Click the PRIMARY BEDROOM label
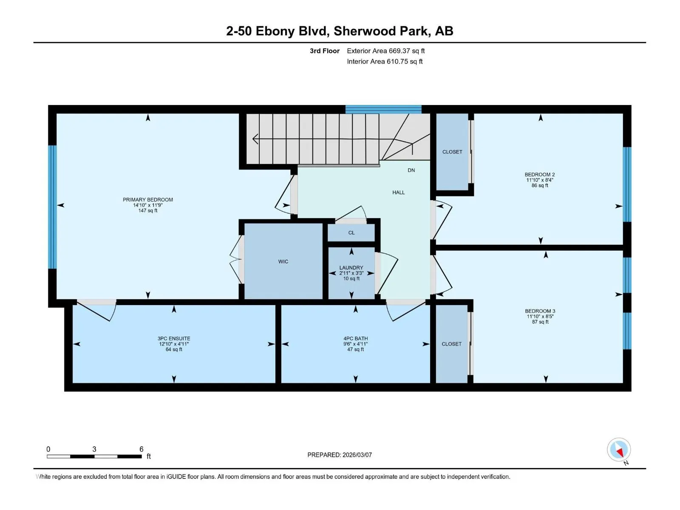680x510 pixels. coord(148,200)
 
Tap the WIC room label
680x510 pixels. coord(283,262)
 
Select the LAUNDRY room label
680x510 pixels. coord(351,268)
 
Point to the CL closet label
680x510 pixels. coord(351,232)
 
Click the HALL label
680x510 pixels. coord(398,192)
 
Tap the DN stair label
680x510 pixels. coord(411,170)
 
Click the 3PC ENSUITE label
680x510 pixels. coord(174,338)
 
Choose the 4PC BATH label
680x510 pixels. coord(355,338)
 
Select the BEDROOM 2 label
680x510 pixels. coord(540,174)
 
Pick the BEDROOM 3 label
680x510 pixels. coord(540,311)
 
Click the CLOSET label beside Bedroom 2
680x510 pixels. coord(452,152)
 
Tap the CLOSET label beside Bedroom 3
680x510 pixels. coord(451,344)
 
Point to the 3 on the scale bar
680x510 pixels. coord(94,449)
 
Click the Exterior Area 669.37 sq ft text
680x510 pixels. coord(386,51)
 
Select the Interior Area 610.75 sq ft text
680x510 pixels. coord(385,61)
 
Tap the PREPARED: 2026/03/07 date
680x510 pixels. coord(340,455)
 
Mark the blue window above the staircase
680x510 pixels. coord(383,109)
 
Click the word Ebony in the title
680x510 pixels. coord(275,31)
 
